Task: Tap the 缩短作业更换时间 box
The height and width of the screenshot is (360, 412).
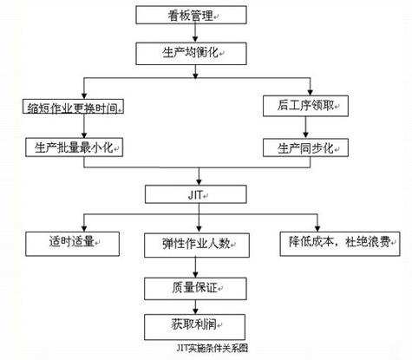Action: [72, 108]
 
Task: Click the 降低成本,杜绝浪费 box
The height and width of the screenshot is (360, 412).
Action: [332, 240]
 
